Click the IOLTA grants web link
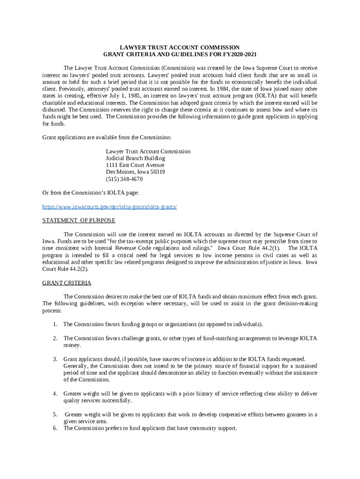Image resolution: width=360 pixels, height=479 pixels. pos(109,206)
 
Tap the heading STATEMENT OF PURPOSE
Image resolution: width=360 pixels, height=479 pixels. pos(79,220)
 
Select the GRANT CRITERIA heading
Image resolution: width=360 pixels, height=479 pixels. pos(67,283)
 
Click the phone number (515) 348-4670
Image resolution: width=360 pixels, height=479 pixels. pos(124,179)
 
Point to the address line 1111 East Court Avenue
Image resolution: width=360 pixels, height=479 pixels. pos(135,165)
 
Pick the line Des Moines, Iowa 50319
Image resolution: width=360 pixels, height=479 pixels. pos(135,172)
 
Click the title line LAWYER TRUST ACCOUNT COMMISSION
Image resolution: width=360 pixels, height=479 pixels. pos(180,47)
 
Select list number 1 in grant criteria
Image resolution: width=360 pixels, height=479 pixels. pos(55,324)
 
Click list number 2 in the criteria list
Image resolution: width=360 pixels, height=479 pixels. pos(55,338)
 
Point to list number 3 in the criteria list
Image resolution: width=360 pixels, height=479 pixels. pos(55,359)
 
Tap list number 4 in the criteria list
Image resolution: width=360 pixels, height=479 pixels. pos(55,393)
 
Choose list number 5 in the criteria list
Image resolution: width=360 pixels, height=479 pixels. pos(55,414)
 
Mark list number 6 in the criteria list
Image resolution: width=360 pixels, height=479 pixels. pos(55,428)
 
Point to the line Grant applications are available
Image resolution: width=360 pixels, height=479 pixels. pos(107,137)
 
